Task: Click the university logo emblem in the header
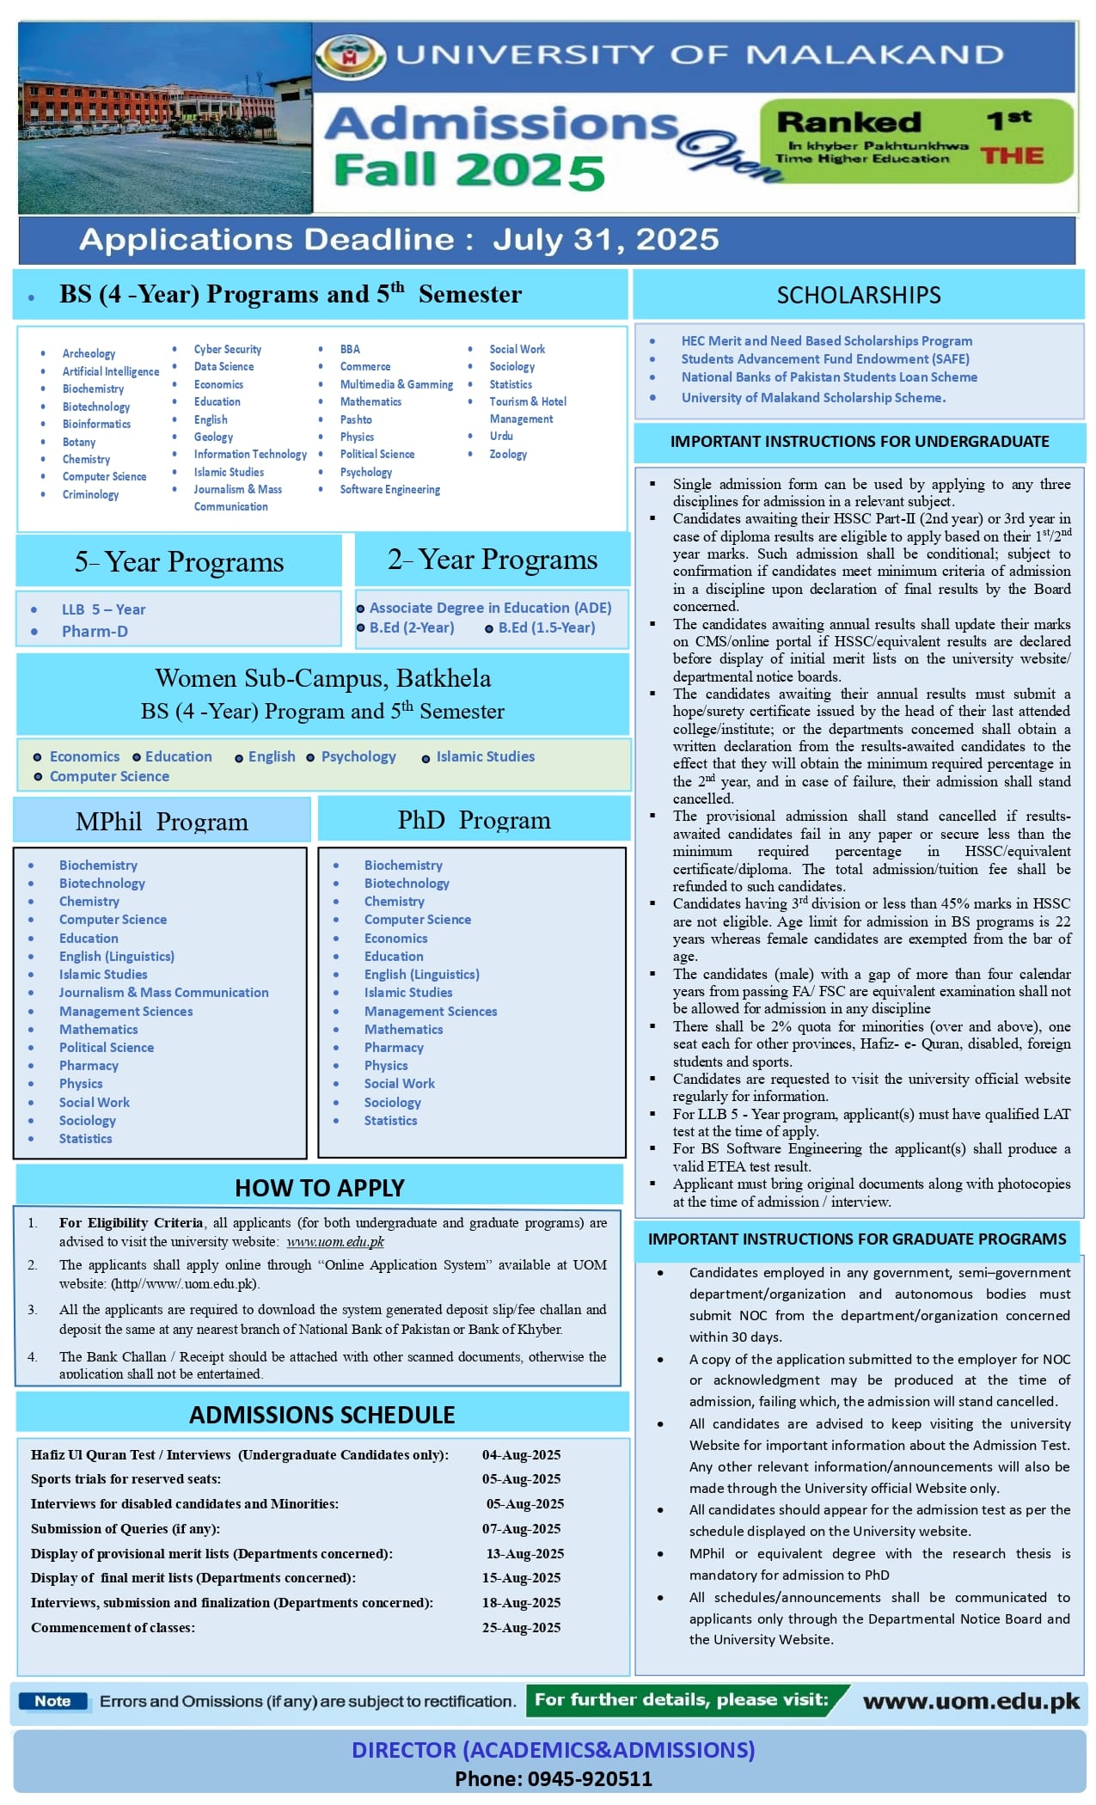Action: point(350,56)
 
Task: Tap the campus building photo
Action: point(164,118)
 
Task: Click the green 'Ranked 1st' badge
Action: point(917,140)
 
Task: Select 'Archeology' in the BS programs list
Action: point(89,353)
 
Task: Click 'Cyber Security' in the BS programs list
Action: point(228,349)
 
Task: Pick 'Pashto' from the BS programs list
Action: point(356,419)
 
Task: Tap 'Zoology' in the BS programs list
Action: point(508,454)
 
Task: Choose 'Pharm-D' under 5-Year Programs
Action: point(95,631)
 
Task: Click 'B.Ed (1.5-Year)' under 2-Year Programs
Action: point(546,627)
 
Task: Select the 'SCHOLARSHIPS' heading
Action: point(858,295)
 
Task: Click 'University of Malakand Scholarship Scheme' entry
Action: point(812,397)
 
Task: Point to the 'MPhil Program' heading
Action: point(162,821)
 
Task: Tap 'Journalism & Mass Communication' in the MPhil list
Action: point(163,992)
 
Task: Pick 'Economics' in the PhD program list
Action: point(395,938)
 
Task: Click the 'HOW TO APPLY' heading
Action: point(319,1187)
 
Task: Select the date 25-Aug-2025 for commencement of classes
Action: point(521,1627)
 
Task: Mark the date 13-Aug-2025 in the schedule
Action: point(524,1553)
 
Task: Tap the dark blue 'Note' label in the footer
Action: point(52,1701)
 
